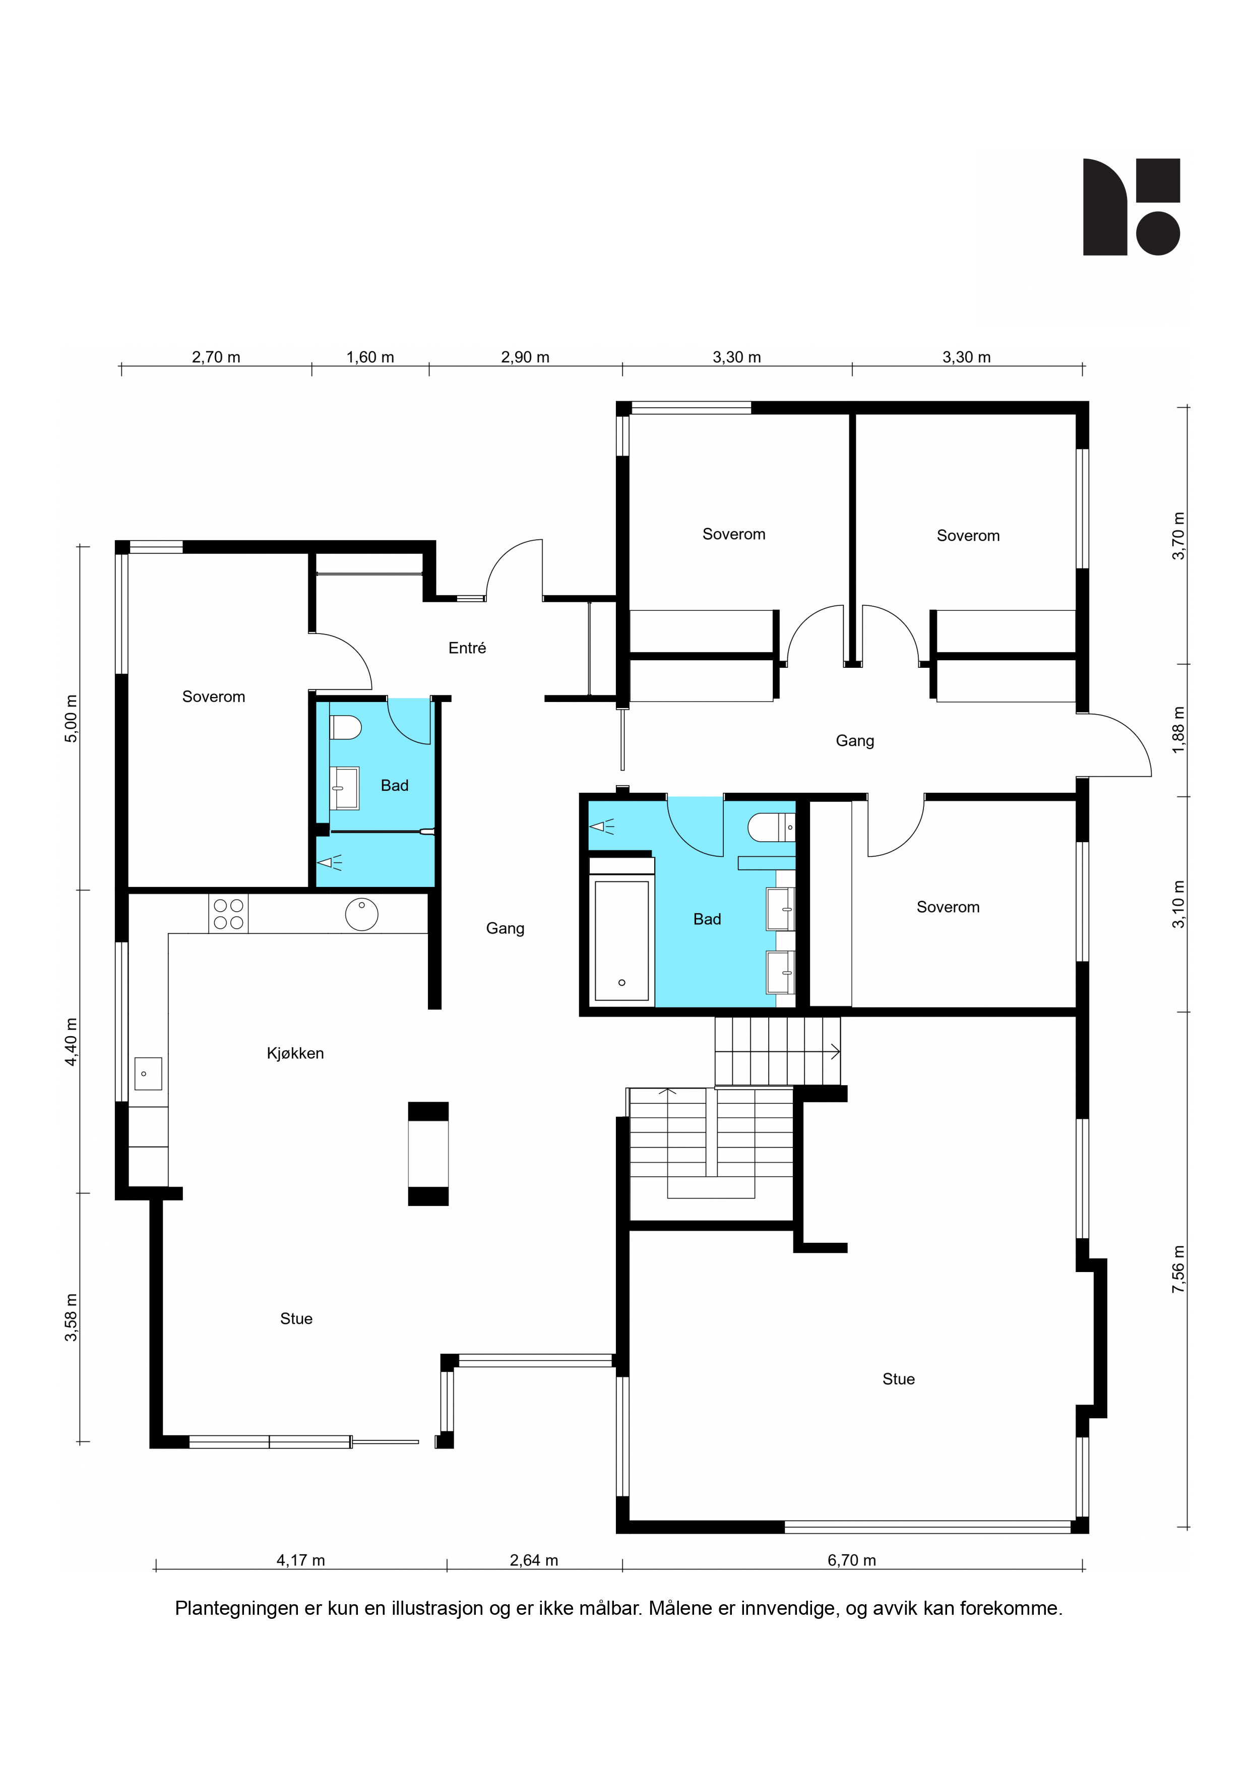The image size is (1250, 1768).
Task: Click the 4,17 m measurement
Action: point(300,1560)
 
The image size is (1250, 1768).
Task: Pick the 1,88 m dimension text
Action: point(1178,730)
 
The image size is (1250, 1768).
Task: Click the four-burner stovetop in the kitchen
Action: point(229,914)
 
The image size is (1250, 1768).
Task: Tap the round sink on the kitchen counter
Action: point(361,914)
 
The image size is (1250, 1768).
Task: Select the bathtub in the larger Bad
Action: point(621,941)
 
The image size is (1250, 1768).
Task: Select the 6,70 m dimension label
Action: point(852,1560)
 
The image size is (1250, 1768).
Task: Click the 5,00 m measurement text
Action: point(72,719)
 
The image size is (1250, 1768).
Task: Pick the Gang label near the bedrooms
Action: point(855,741)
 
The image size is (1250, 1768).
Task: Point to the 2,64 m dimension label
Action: point(534,1560)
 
